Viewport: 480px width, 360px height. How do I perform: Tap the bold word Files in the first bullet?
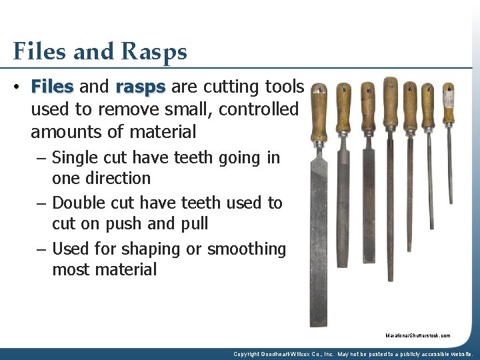coord(52,87)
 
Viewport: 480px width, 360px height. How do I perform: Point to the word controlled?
coord(256,109)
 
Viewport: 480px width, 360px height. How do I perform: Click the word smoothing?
coord(247,249)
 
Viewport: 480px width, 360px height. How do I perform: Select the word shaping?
coord(159,249)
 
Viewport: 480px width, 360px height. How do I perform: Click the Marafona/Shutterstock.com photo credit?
coord(417,336)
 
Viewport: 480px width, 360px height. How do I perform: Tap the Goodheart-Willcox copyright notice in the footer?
coord(353,354)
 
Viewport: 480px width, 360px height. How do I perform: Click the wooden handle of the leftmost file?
coord(319,113)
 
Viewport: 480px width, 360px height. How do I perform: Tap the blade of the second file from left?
coord(343,200)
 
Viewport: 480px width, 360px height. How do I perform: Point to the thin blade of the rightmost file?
coord(450,167)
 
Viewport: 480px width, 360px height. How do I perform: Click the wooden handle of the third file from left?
coord(367,107)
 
